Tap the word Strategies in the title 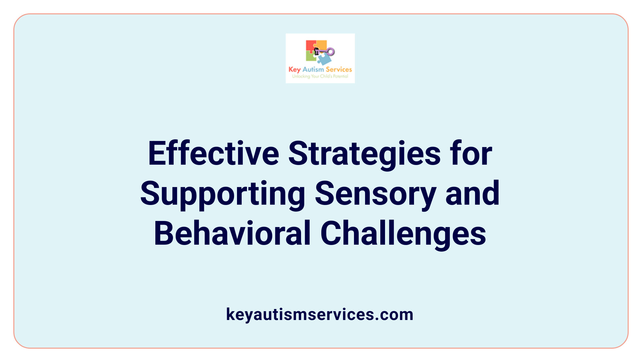pyautogui.click(x=364, y=154)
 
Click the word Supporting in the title pyautogui.click(x=223, y=194)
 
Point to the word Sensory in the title pyautogui.click(x=375, y=194)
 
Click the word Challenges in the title pyautogui.click(x=403, y=234)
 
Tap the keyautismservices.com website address pyautogui.click(x=320, y=314)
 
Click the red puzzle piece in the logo pyautogui.click(x=310, y=46)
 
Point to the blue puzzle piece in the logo pyautogui.click(x=324, y=59)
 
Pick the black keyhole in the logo pyautogui.click(x=317, y=51)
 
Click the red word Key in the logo pyautogui.click(x=294, y=70)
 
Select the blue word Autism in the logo pyautogui.click(x=313, y=69)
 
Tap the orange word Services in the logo pyautogui.click(x=339, y=69)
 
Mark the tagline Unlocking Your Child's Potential pyautogui.click(x=320, y=76)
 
